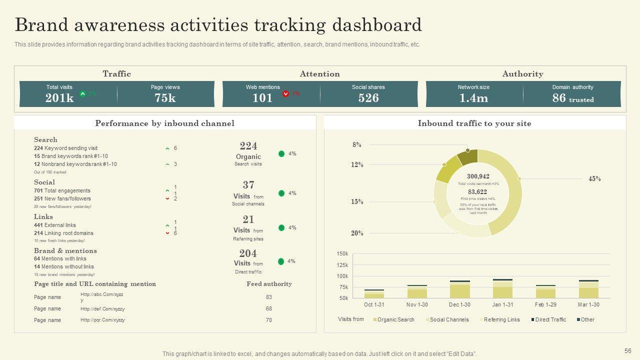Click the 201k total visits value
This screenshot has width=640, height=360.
59,98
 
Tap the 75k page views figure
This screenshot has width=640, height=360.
165,98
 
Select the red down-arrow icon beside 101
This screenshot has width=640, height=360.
285,93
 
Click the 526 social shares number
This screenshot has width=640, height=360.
368,98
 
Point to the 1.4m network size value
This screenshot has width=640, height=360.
473,98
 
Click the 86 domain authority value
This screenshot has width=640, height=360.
559,98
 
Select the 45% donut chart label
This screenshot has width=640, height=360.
594,178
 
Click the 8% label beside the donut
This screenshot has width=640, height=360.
356,145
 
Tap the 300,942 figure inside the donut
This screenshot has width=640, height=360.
478,176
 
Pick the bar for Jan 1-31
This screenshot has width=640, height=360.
502,288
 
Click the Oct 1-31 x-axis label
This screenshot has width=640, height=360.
374,304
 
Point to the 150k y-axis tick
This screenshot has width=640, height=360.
342,254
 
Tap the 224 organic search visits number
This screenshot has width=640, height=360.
248,146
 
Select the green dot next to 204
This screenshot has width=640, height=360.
281,261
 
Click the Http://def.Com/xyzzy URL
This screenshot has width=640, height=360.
102,308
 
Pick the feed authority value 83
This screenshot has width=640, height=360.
269,297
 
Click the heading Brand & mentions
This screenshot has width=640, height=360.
65,251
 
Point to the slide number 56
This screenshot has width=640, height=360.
628,351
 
